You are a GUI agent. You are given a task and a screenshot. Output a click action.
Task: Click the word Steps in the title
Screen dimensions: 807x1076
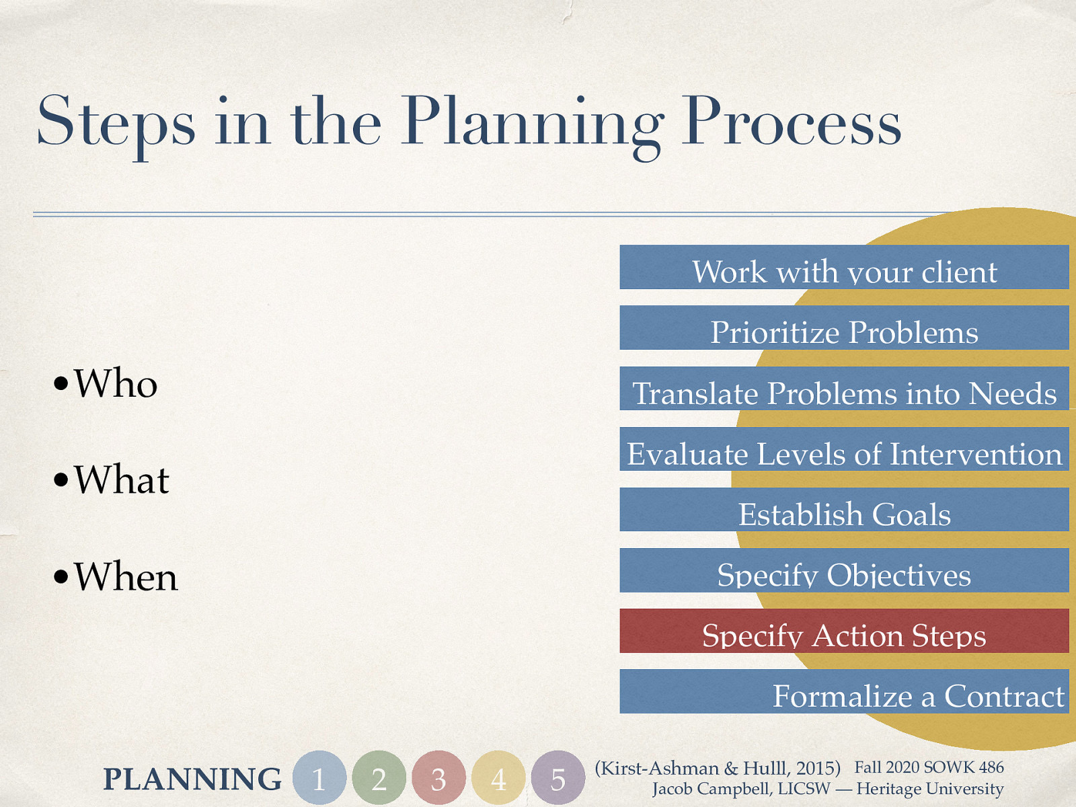pos(116,122)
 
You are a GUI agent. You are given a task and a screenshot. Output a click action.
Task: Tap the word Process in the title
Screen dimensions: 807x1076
pos(791,122)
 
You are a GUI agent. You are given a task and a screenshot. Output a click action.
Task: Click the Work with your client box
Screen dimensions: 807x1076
pos(844,268)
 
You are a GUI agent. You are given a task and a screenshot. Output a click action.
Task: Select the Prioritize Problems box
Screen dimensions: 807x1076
pos(844,328)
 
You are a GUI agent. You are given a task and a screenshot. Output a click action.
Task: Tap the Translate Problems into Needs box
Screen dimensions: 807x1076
pos(844,389)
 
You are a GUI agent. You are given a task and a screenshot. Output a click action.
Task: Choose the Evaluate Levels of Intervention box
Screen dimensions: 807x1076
pos(844,449)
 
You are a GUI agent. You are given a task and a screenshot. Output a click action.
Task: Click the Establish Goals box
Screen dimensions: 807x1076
pos(844,510)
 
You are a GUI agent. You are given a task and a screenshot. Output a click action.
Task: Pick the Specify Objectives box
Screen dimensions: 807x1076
pos(844,570)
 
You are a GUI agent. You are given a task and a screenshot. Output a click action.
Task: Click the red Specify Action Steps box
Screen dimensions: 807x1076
pos(844,631)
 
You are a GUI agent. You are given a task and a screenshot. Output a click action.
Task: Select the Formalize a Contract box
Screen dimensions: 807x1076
pos(844,691)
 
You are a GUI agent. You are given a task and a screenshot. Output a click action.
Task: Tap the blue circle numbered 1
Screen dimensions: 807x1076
pos(319,778)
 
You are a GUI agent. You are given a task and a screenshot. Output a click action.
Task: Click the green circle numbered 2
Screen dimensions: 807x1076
pos(379,778)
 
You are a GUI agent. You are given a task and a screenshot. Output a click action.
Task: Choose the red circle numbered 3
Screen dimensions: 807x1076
pos(438,778)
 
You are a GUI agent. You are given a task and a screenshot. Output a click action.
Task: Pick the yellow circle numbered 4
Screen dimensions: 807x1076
pos(498,778)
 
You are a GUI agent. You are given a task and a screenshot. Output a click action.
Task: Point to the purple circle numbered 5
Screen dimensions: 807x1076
pos(558,778)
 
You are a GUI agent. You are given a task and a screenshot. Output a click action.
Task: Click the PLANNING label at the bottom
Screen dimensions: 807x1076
pos(192,779)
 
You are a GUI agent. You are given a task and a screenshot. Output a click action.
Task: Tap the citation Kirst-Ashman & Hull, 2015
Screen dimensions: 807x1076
pos(718,768)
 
